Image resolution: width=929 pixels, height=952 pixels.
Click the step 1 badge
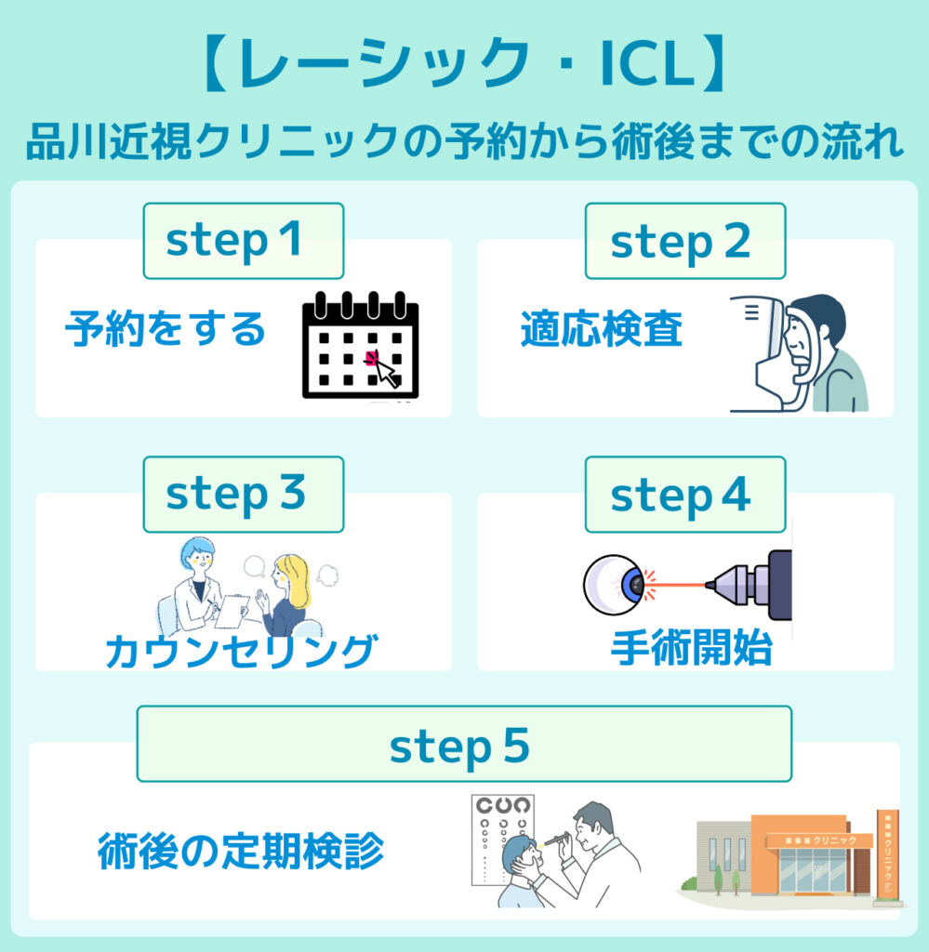(x=243, y=241)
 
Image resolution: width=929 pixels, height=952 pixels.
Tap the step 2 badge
(x=684, y=241)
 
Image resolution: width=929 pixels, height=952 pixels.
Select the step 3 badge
(x=243, y=494)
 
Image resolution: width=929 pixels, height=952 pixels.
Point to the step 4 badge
(x=684, y=494)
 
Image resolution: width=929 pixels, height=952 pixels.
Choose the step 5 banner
(x=463, y=744)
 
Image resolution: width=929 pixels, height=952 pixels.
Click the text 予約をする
(x=166, y=329)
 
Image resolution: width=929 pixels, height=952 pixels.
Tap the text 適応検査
(x=602, y=329)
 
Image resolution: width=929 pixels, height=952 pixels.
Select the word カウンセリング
(x=242, y=651)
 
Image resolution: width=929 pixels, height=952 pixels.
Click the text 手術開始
(x=691, y=649)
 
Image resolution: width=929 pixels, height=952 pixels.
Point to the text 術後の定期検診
(x=241, y=851)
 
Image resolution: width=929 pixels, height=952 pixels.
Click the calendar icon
(x=361, y=345)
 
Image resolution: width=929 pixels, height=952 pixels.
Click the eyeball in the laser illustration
(x=614, y=584)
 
